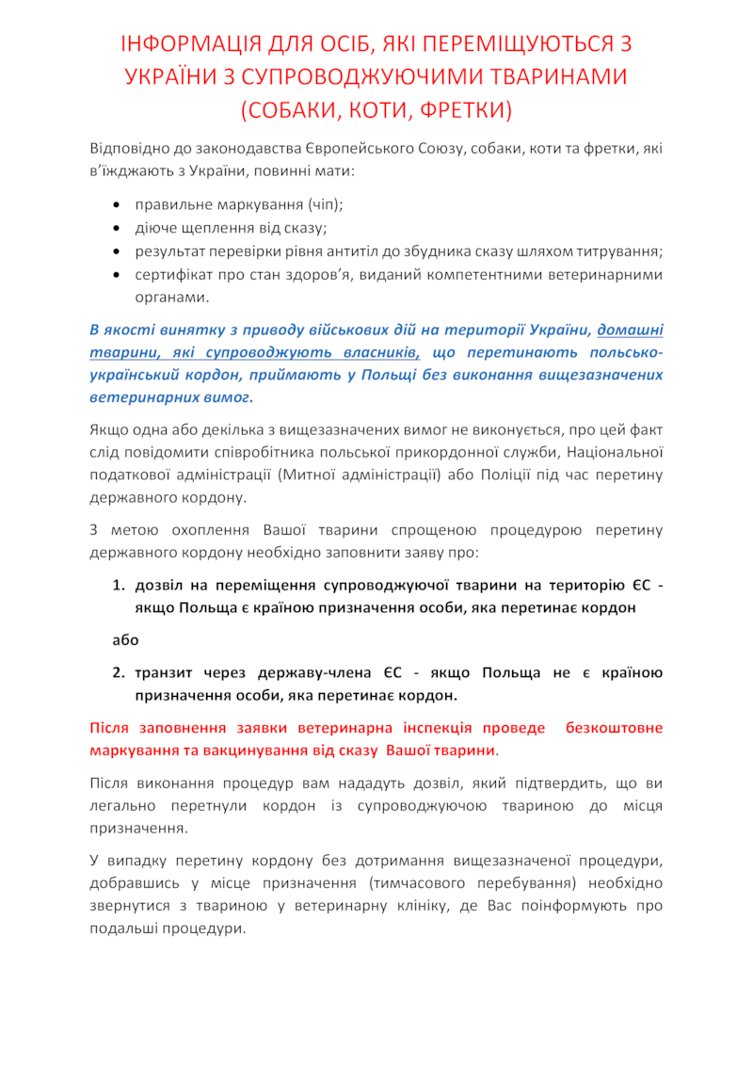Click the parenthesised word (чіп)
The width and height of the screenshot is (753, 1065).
(x=325, y=204)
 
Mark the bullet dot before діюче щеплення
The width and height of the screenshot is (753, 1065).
(x=115, y=228)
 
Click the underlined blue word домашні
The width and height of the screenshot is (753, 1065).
(x=630, y=330)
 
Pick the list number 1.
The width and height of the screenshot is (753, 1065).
(x=119, y=586)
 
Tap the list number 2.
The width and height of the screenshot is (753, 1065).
(x=119, y=673)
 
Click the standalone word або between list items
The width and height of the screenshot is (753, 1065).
(x=125, y=640)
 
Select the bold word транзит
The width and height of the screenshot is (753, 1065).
(x=167, y=673)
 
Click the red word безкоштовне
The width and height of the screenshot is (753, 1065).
(x=615, y=728)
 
